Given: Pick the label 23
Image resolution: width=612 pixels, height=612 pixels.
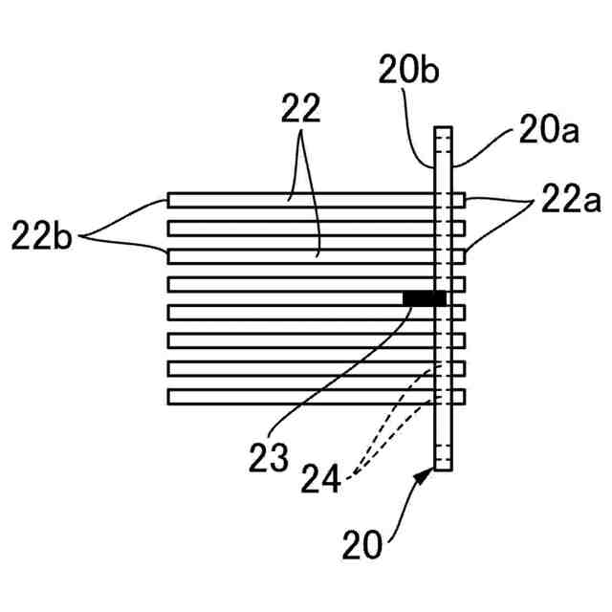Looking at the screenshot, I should [x=270, y=457].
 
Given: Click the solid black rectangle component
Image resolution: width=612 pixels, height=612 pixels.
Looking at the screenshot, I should [x=424, y=299].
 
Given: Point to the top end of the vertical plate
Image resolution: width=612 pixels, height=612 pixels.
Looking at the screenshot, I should [x=442, y=130].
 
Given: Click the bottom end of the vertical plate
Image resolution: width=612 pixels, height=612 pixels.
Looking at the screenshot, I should [x=442, y=469].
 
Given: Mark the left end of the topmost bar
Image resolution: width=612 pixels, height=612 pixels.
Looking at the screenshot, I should [x=170, y=200].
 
